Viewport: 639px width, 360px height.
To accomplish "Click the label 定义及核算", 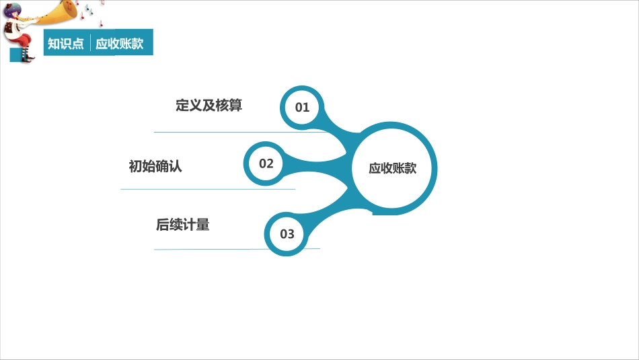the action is pos(209,105).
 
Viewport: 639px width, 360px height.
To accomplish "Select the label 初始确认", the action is pos(155,166).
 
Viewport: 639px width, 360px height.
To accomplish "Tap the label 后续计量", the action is pos(182,225).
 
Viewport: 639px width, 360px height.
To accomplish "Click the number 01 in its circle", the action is pos(302,108).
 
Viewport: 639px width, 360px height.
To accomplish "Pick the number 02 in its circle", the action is pos(266,164).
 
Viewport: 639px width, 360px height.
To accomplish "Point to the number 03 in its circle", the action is pos(287,234).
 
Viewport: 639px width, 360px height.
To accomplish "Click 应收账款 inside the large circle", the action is pos(392,168).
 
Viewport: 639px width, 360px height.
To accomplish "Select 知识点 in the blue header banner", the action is pos(66,43).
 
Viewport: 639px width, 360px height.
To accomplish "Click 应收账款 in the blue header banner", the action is pos(120,43).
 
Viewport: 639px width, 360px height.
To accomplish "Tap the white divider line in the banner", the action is pos(90,43).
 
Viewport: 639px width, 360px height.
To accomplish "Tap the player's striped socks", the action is pos(26,53).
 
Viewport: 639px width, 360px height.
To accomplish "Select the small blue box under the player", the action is pos(16,55).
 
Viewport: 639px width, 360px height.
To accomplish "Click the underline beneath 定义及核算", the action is pos(240,132).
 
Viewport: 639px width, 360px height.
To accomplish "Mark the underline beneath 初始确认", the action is pos(208,189).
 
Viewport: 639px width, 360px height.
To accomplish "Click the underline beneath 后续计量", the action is pos(237,249).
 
